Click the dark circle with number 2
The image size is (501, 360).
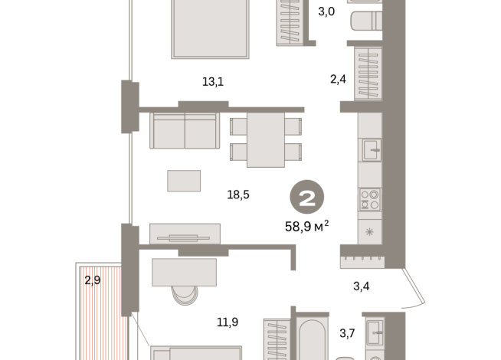point(306,199)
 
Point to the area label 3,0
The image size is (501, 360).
point(327,11)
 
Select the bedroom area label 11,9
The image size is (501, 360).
point(227,322)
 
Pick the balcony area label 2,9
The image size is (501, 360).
point(93,280)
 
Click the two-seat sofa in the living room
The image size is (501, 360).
point(185,131)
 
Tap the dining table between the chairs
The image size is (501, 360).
point(265,139)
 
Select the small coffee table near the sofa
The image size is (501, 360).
point(184,180)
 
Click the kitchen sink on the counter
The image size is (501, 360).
point(371,149)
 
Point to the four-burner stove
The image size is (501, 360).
point(370,199)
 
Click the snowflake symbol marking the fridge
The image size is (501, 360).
point(370,232)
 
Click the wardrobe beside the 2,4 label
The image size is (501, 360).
point(368,73)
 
